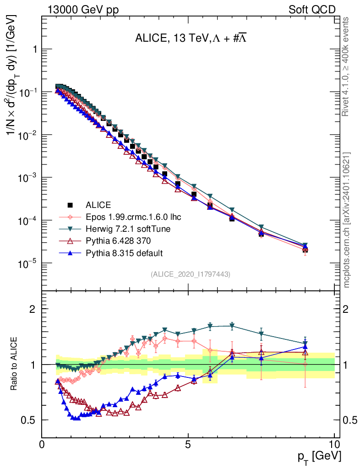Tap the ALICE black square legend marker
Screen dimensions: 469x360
coord(71,205)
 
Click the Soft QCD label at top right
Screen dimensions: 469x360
coord(312,10)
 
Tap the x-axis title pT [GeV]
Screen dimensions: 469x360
coord(318,456)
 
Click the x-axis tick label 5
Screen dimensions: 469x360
coord(188,444)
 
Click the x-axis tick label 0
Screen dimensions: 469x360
coord(42,444)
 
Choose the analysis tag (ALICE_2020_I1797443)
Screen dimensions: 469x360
coord(190,274)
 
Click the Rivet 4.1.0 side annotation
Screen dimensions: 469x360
coord(346,66)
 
